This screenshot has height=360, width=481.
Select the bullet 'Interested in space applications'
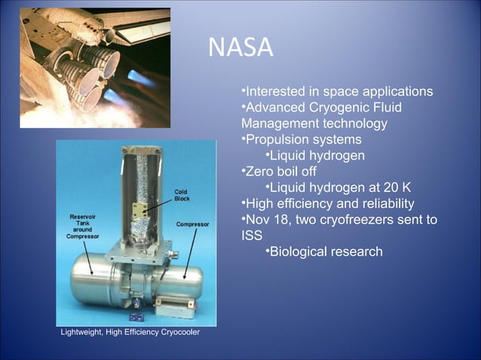(x=337, y=91)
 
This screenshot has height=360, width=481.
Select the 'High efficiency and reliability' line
(x=327, y=204)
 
